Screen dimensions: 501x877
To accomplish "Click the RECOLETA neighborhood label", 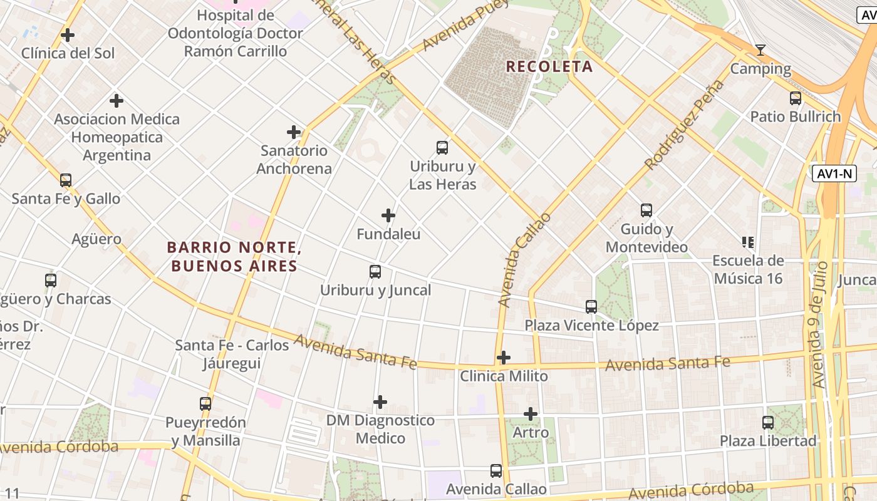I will pyautogui.click(x=549, y=66).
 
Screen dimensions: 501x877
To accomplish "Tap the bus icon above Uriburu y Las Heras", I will pyautogui.click(x=442, y=148).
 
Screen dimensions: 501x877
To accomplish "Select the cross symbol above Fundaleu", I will pyautogui.click(x=388, y=215).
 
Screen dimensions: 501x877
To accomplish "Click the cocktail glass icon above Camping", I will pyautogui.click(x=760, y=50).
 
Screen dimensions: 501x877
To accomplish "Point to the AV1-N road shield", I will pyautogui.click(x=834, y=173).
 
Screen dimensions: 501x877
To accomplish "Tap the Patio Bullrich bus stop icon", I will pyautogui.click(x=795, y=98).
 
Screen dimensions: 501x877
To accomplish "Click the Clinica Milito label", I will pyautogui.click(x=504, y=376).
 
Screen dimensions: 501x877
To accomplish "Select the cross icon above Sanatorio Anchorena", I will pyautogui.click(x=294, y=132).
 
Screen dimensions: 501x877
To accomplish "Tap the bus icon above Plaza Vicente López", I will pyautogui.click(x=591, y=306).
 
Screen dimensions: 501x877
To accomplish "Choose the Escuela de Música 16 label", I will pyautogui.click(x=748, y=269).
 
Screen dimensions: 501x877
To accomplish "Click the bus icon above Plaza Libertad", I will pyautogui.click(x=768, y=422).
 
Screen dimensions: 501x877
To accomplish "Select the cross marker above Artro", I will pyautogui.click(x=531, y=414).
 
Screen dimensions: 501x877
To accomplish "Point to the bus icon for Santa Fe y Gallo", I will pyautogui.click(x=66, y=180).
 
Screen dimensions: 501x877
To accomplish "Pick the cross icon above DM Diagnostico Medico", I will pyautogui.click(x=380, y=402).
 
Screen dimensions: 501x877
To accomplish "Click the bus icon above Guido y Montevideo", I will pyautogui.click(x=646, y=210).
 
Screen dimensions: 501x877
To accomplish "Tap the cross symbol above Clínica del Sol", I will pyautogui.click(x=68, y=35).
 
